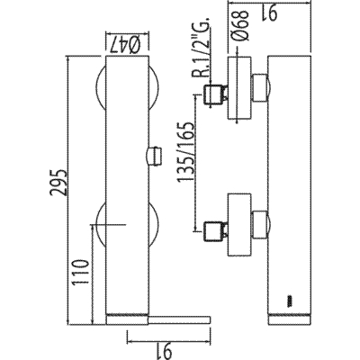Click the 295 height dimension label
tap(58, 182)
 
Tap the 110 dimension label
tap(80, 272)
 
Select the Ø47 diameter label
tap(126, 45)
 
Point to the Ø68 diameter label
tap(240, 24)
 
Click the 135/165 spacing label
tap(186, 152)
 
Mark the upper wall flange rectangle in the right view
tap(238, 88)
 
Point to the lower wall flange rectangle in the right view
tap(238, 225)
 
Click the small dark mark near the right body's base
tap(290, 301)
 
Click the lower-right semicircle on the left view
tap(155, 224)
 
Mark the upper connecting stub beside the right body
tap(260, 88)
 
